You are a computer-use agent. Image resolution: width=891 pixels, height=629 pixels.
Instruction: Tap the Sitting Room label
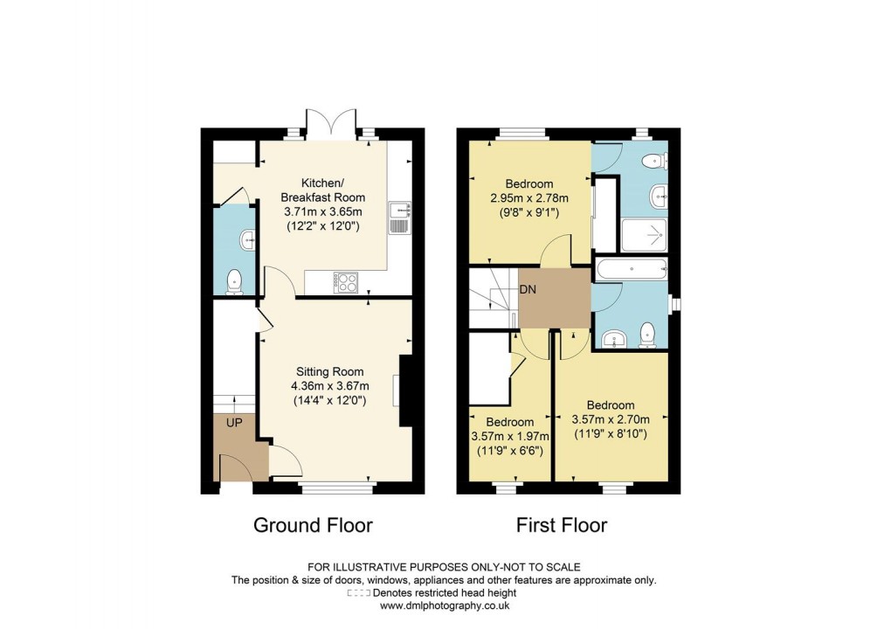click(x=328, y=371)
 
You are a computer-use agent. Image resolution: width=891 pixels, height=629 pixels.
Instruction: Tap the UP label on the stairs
click(x=234, y=422)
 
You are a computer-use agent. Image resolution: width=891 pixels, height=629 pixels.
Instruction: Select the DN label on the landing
click(x=528, y=289)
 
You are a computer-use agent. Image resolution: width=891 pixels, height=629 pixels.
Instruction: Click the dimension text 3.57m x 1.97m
click(x=509, y=437)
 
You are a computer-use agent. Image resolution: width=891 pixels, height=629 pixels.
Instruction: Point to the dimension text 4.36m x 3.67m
click(x=330, y=386)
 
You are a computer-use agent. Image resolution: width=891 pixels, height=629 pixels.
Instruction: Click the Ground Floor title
click(x=313, y=525)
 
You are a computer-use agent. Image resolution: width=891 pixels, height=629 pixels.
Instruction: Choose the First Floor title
click(x=562, y=525)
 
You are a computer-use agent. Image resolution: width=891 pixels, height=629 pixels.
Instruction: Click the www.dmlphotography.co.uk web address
click(x=445, y=605)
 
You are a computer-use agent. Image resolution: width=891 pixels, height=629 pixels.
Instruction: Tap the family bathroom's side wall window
click(x=674, y=303)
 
